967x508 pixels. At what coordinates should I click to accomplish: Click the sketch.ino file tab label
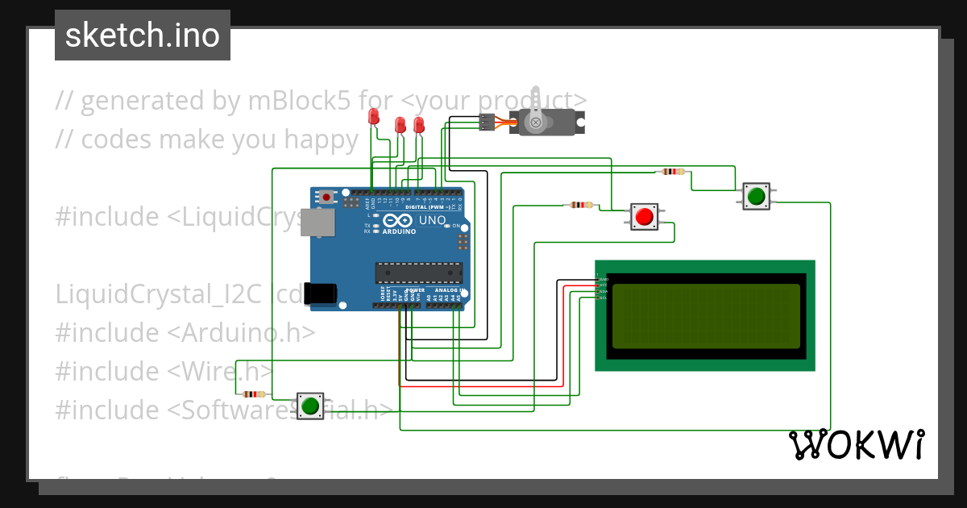[143, 35]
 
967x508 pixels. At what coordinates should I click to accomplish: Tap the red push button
[643, 217]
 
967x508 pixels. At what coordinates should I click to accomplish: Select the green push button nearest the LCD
[756, 195]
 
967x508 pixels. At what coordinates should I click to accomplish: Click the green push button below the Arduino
[309, 405]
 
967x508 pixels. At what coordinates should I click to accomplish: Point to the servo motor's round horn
[534, 122]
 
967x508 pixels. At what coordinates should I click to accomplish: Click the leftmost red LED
[373, 118]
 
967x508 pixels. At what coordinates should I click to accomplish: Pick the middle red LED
[400, 125]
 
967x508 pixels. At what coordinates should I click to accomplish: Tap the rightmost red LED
[418, 124]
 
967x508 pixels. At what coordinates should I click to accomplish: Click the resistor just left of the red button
[580, 205]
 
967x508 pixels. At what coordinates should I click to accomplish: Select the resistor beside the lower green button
[254, 394]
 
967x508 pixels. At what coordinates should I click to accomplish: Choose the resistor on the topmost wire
[672, 172]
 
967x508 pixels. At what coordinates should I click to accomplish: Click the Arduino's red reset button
[326, 198]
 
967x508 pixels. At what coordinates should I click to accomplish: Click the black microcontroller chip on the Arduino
[418, 273]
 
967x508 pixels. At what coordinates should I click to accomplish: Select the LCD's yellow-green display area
[705, 316]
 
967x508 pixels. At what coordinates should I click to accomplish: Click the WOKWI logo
[857, 444]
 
